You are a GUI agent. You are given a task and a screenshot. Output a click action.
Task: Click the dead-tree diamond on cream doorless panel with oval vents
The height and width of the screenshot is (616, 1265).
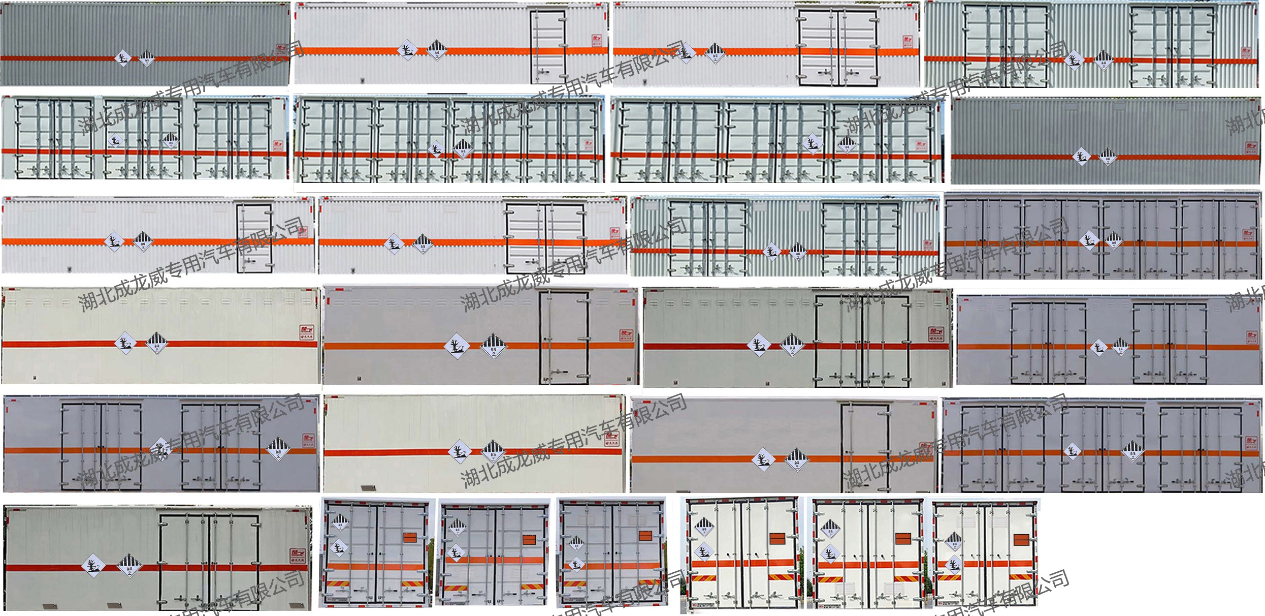(x=125, y=343)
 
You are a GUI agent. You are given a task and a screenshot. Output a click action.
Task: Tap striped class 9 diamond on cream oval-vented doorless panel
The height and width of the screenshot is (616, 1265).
(x=157, y=344)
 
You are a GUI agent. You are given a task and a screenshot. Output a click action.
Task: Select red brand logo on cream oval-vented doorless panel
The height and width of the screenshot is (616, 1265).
(x=307, y=333)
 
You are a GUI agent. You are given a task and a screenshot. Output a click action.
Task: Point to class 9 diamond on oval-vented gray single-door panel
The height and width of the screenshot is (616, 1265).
(x=493, y=347)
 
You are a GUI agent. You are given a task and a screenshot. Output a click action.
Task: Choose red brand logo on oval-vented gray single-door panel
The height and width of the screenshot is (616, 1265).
(x=626, y=335)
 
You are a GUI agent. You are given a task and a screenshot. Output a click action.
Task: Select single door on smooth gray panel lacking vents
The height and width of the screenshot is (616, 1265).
(x=865, y=447)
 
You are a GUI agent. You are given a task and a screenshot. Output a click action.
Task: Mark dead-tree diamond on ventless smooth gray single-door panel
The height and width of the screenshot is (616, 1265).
(x=763, y=459)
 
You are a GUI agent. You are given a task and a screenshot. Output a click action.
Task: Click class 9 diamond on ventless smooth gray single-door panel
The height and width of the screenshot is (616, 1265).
(x=796, y=459)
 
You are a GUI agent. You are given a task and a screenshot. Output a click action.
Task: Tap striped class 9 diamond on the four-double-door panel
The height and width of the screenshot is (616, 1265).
(x=1114, y=240)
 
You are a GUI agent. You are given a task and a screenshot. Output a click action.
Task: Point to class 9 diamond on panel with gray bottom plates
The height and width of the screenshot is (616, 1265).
(x=129, y=565)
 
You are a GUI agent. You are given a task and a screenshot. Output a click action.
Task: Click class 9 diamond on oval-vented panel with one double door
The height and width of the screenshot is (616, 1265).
(x=791, y=346)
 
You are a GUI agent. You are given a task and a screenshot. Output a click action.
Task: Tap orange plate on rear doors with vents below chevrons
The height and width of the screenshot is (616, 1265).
(x=903, y=538)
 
